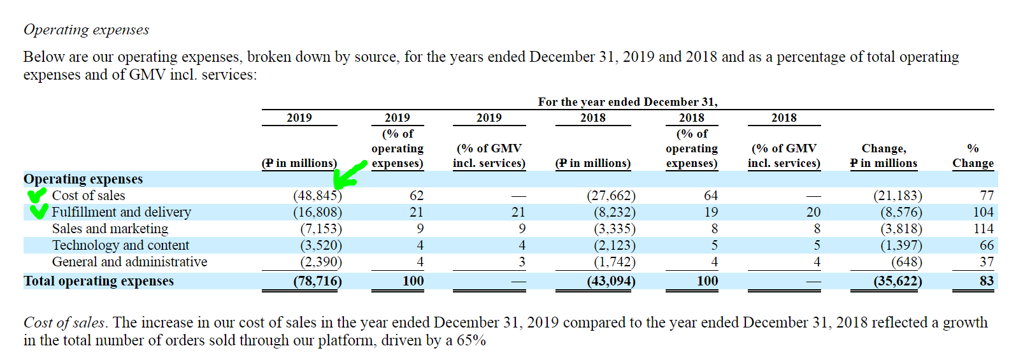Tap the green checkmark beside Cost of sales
(x=37, y=195)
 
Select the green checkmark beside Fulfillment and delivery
(x=39, y=210)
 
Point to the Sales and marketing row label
(x=110, y=229)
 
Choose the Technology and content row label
(x=120, y=245)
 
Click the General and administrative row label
(x=129, y=262)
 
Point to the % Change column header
(x=973, y=155)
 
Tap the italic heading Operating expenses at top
(x=86, y=30)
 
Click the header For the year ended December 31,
(x=627, y=102)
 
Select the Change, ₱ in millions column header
(x=884, y=155)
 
